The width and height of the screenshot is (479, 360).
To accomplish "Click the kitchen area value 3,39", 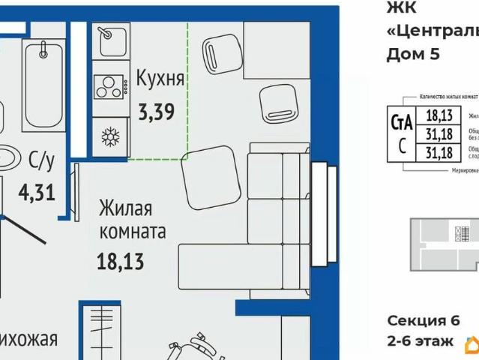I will [x=156, y=112].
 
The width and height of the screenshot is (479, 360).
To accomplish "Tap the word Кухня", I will [x=160, y=79].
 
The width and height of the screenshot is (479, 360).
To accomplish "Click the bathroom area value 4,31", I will [x=36, y=192].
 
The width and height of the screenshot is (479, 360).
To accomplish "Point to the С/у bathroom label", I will [x=41, y=160].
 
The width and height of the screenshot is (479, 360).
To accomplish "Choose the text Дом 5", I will [x=412, y=53].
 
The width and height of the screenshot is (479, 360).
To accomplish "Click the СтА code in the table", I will [x=403, y=122].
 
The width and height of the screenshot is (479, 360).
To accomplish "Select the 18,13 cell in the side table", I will [x=439, y=115].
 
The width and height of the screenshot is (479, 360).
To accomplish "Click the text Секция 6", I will [x=423, y=320].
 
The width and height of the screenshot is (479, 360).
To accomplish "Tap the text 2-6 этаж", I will [x=420, y=341].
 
